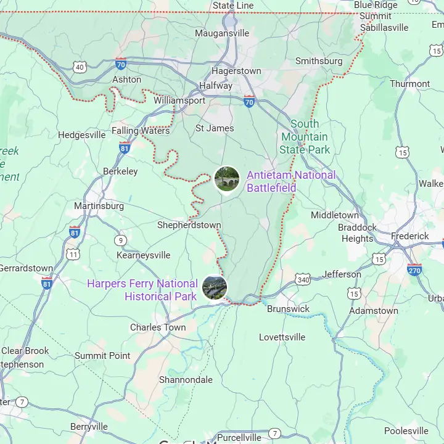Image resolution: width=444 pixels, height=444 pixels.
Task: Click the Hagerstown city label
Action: pyautogui.click(x=236, y=71)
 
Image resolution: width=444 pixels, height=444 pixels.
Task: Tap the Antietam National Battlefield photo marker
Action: pyautogui.click(x=227, y=179)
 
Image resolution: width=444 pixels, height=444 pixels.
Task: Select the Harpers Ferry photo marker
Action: pyautogui.click(x=215, y=287)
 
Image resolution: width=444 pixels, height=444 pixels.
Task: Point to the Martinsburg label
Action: pyautogui.click(x=99, y=205)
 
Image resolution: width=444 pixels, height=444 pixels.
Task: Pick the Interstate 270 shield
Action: pyautogui.click(x=414, y=269)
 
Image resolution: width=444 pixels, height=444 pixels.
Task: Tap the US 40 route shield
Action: pyautogui.click(x=79, y=67)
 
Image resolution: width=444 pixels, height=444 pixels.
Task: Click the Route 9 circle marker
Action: pyautogui.click(x=120, y=240)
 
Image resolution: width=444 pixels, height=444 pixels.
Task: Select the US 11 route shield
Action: pyautogui.click(x=73, y=254)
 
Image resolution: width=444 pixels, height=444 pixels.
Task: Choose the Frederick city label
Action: pyautogui.click(x=409, y=236)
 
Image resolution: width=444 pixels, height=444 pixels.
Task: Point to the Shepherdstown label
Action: pyautogui.click(x=189, y=225)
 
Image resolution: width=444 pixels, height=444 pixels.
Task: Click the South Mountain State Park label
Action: pyautogui.click(x=305, y=136)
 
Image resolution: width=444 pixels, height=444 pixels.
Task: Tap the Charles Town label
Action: pyautogui.click(x=157, y=327)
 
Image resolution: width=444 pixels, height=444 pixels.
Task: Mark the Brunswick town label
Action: pyautogui.click(x=288, y=308)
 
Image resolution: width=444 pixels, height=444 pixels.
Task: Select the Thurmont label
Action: pyautogui.click(x=409, y=84)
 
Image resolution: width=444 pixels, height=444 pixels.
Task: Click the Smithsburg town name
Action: pyautogui.click(x=319, y=61)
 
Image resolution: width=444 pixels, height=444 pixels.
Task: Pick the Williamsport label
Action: pyautogui.click(x=179, y=100)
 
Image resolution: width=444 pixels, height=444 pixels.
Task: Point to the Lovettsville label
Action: pyautogui.click(x=282, y=337)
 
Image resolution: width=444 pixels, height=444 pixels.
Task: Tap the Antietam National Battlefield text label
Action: pyautogui.click(x=291, y=181)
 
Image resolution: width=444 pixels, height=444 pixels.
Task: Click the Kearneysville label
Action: pyautogui.click(x=143, y=255)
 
